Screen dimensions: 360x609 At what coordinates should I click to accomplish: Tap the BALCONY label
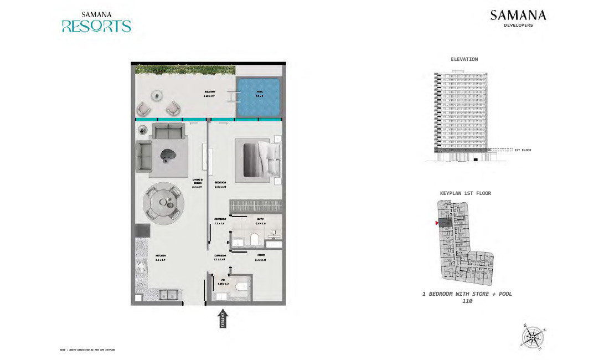click(209, 92)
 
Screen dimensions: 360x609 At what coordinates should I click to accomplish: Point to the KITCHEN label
click(161, 255)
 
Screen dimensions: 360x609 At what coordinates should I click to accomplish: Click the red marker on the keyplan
click(437, 223)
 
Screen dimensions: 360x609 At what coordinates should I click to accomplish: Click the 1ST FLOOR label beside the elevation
click(523, 150)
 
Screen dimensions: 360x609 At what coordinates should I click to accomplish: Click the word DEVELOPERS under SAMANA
click(518, 25)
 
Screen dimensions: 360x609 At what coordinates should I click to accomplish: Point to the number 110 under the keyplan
click(467, 301)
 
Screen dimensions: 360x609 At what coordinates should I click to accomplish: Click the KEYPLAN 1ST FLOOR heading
click(465, 193)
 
